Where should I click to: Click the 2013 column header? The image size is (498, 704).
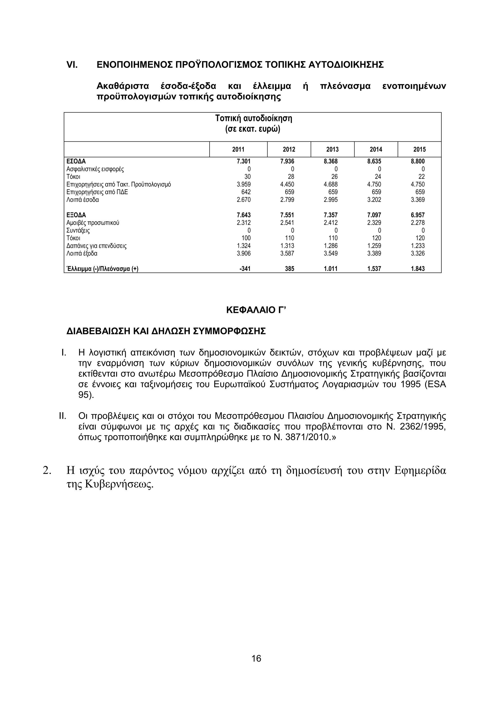[332, 149]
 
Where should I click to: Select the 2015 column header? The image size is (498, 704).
[419, 149]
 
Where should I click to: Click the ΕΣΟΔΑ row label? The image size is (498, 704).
[76, 161]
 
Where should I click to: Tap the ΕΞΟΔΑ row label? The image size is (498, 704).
[76, 215]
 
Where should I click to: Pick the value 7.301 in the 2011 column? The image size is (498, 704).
[244, 161]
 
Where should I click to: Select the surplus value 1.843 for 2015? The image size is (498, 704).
[418, 269]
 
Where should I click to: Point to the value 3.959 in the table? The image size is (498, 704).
[244, 184]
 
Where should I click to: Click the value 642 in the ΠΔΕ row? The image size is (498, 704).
[246, 192]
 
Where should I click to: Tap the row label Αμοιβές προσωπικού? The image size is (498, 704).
[93, 223]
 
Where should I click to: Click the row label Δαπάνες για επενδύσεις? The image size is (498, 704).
[96, 246]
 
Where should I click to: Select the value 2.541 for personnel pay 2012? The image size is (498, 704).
[287, 223]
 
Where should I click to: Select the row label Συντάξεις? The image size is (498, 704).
[78, 231]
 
